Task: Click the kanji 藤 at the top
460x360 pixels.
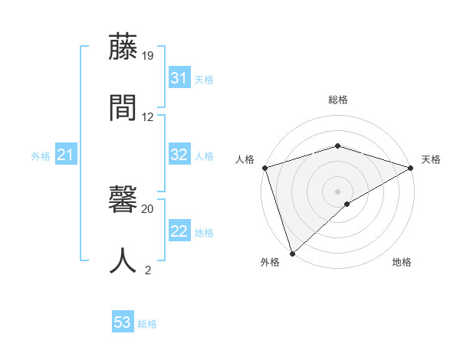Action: (123, 47)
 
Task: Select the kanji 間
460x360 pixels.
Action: (123, 107)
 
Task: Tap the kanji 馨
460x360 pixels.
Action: (123, 201)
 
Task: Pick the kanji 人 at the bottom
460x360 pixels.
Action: (123, 260)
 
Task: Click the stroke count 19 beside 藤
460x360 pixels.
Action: (148, 56)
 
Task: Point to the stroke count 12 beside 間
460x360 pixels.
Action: (148, 117)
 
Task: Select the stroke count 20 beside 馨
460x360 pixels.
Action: (148, 208)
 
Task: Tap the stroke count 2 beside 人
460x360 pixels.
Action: (148, 270)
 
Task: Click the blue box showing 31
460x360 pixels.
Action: (179, 78)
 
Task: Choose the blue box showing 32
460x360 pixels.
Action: (179, 155)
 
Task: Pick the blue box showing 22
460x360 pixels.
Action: (179, 231)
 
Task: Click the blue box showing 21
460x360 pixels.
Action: (65, 155)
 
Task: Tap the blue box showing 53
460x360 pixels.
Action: (123, 322)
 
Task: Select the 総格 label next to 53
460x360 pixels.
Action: (147, 324)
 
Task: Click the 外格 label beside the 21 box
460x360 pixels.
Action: (41, 156)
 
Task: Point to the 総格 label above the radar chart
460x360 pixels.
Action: (338, 100)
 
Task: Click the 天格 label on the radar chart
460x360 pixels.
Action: (432, 159)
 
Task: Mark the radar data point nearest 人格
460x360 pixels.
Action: (264, 168)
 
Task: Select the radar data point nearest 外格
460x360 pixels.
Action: (292, 254)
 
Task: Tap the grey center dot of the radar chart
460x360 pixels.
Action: (338, 191)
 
